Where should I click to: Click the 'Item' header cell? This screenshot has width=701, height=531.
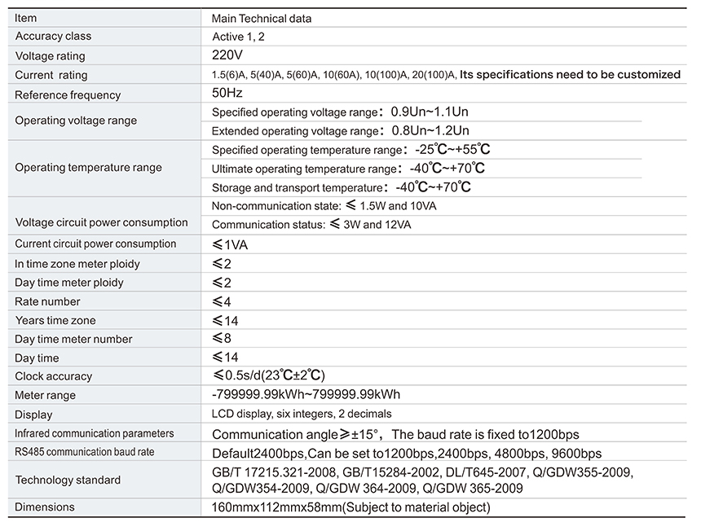pos(26,18)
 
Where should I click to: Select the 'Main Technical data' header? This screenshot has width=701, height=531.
pos(261,18)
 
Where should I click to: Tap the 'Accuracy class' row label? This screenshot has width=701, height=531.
pos(53,36)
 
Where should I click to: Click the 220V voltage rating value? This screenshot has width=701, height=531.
pos(227,55)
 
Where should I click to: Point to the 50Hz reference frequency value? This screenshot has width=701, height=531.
pos(227,94)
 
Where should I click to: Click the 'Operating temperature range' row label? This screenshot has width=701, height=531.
pos(88,168)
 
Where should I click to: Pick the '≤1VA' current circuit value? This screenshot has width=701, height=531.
pos(231,244)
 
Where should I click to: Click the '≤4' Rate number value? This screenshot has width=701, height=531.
pos(221,301)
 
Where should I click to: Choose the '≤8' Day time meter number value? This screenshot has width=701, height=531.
pos(221,339)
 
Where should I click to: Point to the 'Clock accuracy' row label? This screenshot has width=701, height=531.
pos(53,376)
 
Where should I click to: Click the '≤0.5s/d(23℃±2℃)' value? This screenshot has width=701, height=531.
pos(268,375)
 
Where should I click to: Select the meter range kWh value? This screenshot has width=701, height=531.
pos(306,395)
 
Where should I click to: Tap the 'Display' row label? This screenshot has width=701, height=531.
pos(33,415)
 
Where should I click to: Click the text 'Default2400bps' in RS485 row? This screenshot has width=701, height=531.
pos(258,453)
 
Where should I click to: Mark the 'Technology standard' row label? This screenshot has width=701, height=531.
pos(68,480)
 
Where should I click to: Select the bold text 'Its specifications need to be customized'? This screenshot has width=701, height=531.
pos(570,74)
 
